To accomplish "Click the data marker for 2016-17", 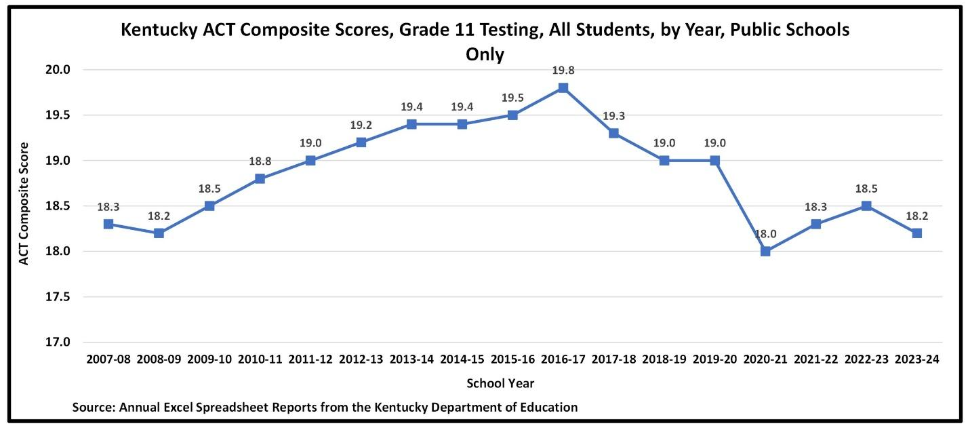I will tap(563, 88).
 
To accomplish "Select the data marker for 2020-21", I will tap(765, 251).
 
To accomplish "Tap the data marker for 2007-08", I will tap(108, 224).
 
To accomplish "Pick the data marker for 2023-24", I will tap(917, 233).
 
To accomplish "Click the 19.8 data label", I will tap(563, 70).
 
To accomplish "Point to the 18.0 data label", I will tap(765, 233).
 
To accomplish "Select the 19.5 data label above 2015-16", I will tap(512, 97).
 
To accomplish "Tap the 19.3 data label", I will tap(613, 115).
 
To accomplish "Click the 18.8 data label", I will tap(260, 161).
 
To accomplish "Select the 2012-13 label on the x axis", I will tap(361, 359).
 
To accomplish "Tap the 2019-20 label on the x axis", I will tap(714, 359).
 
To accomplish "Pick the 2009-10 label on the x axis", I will tap(209, 359).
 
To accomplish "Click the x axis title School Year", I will tap(500, 383).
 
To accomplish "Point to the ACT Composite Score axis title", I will tap(24, 203).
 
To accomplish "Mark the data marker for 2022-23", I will tap(866, 206).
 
